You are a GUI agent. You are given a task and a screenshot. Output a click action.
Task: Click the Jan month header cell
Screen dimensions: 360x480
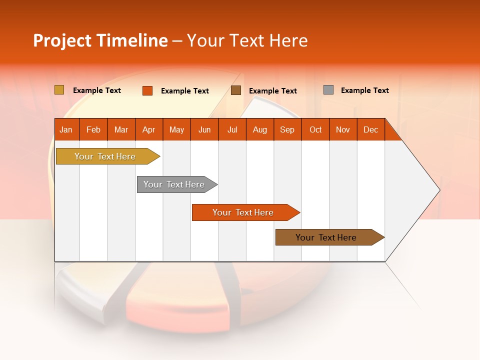coord(66,129)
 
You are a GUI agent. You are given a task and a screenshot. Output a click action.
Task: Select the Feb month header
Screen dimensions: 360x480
coord(93,129)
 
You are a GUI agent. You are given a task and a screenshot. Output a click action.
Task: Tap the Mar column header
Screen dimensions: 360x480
coord(121,129)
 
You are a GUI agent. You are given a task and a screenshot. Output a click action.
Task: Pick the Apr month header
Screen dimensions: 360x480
coord(149,129)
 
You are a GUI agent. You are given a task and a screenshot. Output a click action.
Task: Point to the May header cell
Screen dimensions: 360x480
coord(176,129)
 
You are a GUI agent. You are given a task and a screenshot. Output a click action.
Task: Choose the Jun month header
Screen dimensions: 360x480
coord(204,129)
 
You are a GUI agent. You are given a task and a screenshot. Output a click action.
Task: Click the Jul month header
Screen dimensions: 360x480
coord(232,129)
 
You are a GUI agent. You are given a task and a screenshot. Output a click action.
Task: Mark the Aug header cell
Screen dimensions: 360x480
coord(260,129)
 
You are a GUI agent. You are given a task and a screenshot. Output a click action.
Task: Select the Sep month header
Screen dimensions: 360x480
coord(287,129)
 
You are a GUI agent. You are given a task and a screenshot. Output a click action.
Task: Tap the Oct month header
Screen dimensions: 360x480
coord(315,129)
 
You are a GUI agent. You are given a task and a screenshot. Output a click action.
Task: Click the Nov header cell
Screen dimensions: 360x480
coord(343,129)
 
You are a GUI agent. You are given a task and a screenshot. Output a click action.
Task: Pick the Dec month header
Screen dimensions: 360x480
coord(371,129)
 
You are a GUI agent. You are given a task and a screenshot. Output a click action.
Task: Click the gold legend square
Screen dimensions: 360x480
coord(59,90)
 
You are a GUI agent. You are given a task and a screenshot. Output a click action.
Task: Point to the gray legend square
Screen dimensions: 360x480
coord(328,90)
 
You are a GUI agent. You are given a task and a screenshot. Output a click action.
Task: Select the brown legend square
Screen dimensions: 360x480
coord(236,90)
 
